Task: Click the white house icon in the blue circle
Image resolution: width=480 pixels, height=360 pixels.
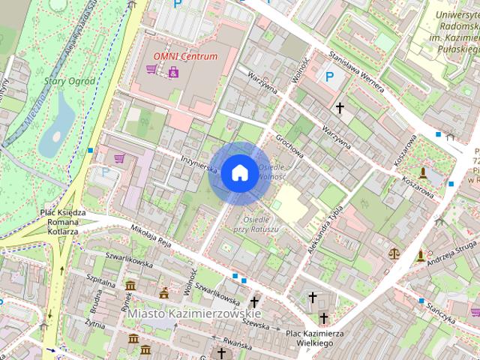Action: (239, 172)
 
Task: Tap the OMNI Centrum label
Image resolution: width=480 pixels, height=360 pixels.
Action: (185, 56)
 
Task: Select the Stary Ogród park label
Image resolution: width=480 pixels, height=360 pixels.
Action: (70, 81)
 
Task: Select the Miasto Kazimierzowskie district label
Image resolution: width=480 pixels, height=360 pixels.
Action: (193, 312)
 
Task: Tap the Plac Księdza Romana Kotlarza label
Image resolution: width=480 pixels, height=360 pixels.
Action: (63, 222)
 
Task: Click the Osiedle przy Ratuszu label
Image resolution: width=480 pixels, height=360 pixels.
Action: (256, 223)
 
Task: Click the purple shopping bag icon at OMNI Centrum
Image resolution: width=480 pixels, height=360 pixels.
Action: (174, 71)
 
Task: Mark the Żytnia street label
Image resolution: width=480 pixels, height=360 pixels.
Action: (94, 323)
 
